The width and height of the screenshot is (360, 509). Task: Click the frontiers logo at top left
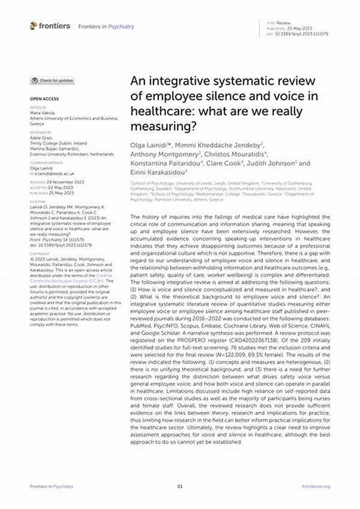click(50, 26)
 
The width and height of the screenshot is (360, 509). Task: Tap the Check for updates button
click(53, 80)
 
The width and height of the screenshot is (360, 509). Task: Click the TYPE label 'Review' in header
click(283, 22)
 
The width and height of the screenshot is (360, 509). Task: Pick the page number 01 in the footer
click(179, 485)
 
